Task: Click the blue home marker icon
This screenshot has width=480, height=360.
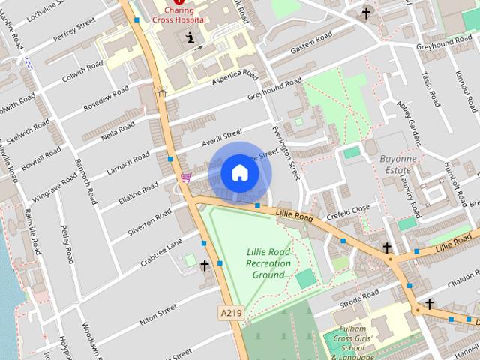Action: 239,173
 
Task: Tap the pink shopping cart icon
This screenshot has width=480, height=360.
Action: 185,178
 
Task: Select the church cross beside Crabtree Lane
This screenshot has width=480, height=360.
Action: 204,265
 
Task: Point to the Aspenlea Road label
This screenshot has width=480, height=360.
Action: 235,77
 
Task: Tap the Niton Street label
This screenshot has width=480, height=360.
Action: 157,312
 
